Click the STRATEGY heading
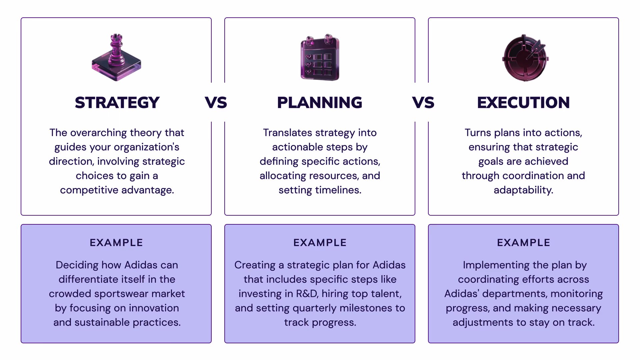[x=117, y=103]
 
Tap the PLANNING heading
[x=320, y=103]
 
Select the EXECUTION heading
[x=523, y=103]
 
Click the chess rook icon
[x=116, y=57]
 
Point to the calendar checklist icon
[x=320, y=57]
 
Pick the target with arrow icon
[x=525, y=58]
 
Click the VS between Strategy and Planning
[x=216, y=103]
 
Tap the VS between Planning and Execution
[x=423, y=103]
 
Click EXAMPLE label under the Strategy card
[x=116, y=243]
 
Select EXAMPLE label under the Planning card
[x=320, y=243]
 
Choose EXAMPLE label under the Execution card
[x=524, y=243]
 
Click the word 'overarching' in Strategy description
[x=99, y=133]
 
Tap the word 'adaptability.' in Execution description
[x=523, y=190]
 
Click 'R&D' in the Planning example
[x=307, y=294]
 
